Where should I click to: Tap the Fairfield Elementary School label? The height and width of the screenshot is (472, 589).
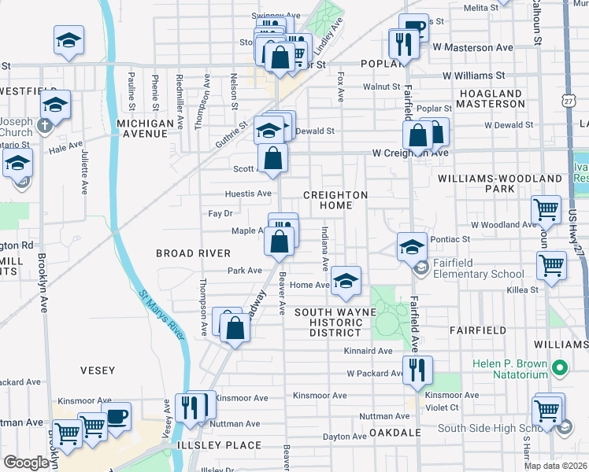point(477,275)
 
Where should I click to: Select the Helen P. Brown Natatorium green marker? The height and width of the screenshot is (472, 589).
point(560,367)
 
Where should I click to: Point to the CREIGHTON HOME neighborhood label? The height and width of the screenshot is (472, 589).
point(336,200)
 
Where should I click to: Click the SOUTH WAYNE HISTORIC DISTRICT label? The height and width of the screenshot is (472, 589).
point(336,323)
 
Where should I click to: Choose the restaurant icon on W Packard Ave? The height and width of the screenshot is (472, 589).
point(417,369)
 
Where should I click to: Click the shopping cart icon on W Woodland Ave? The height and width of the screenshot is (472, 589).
point(546,209)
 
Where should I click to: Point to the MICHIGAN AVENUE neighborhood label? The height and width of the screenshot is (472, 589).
point(145,129)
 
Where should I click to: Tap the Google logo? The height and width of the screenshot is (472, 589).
point(26,463)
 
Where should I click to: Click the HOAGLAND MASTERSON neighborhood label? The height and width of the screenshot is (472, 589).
point(489,98)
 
